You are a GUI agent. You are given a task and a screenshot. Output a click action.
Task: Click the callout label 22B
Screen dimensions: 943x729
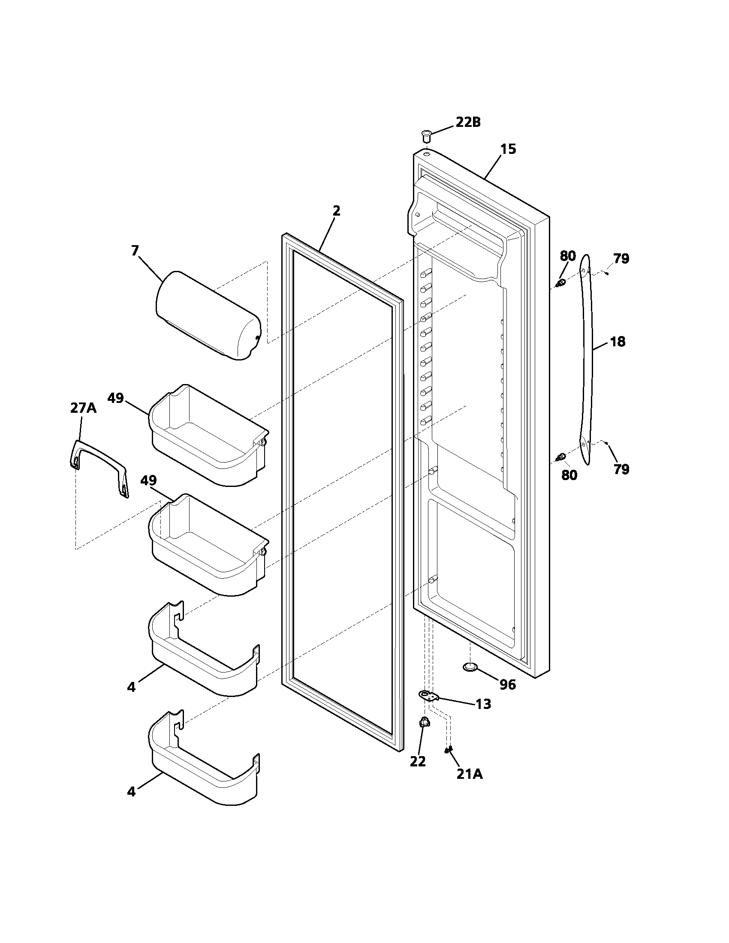468,122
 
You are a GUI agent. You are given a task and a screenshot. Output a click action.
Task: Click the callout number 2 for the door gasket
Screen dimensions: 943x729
336,211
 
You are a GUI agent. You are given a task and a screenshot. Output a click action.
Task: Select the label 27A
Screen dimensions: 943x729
83,408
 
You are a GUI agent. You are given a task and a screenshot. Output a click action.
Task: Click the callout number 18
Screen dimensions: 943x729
618,342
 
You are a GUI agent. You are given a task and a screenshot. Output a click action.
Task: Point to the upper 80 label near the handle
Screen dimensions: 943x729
567,256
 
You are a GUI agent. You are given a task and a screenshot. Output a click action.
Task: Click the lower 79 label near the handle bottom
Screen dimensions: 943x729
621,469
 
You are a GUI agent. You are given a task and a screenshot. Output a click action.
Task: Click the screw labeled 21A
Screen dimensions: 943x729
449,750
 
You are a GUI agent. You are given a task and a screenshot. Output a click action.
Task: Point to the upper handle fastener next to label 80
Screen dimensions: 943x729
561,283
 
